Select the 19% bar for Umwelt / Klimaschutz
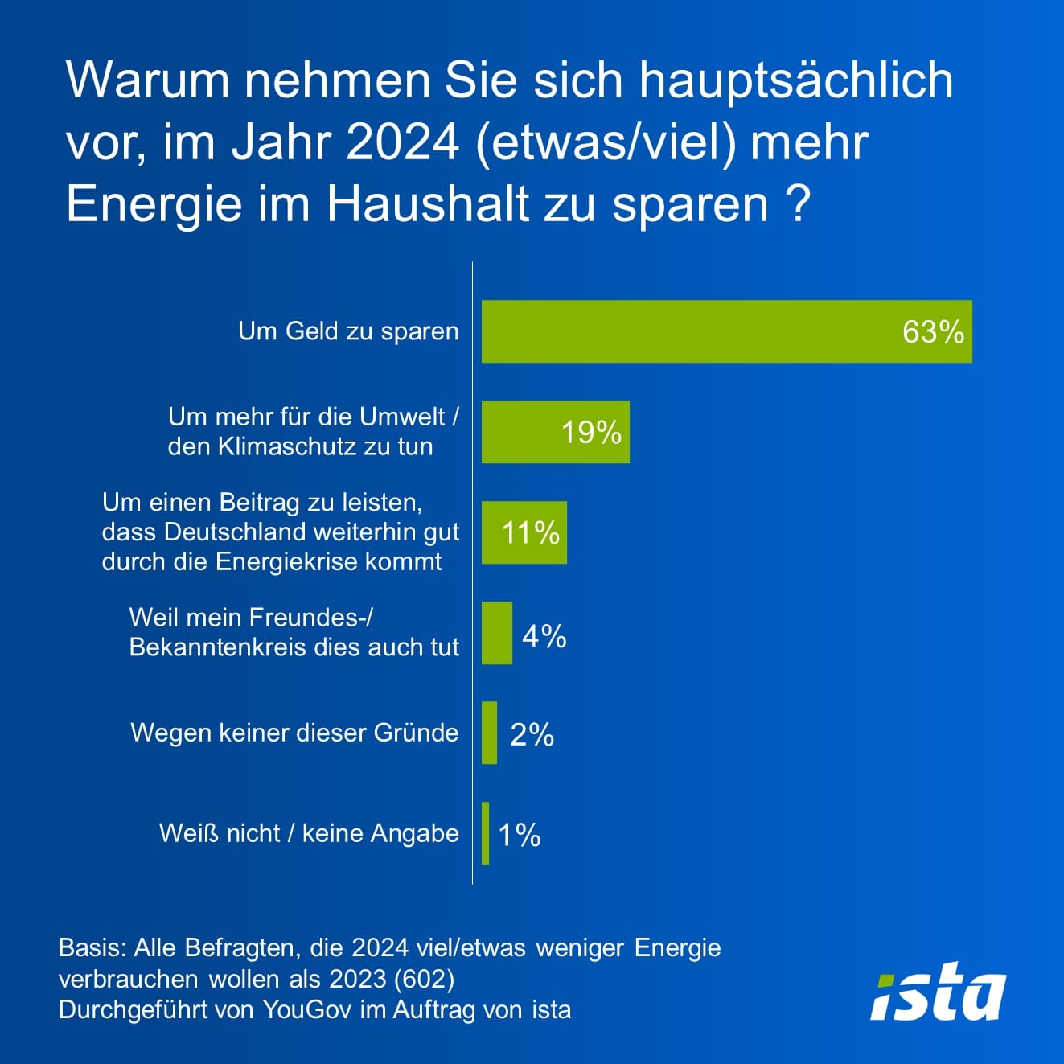tap(523, 433)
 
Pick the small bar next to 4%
tap(497, 633)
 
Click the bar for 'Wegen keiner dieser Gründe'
tap(489, 733)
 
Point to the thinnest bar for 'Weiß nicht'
tap(486, 833)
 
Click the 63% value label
tap(933, 331)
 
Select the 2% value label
tap(532, 734)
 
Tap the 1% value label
tap(520, 835)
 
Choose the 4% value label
tap(544, 636)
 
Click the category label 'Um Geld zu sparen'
tap(348, 331)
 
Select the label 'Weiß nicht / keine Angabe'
tap(309, 833)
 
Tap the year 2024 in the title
tap(402, 142)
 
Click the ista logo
tap(938, 990)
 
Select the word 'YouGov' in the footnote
tap(306, 1010)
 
